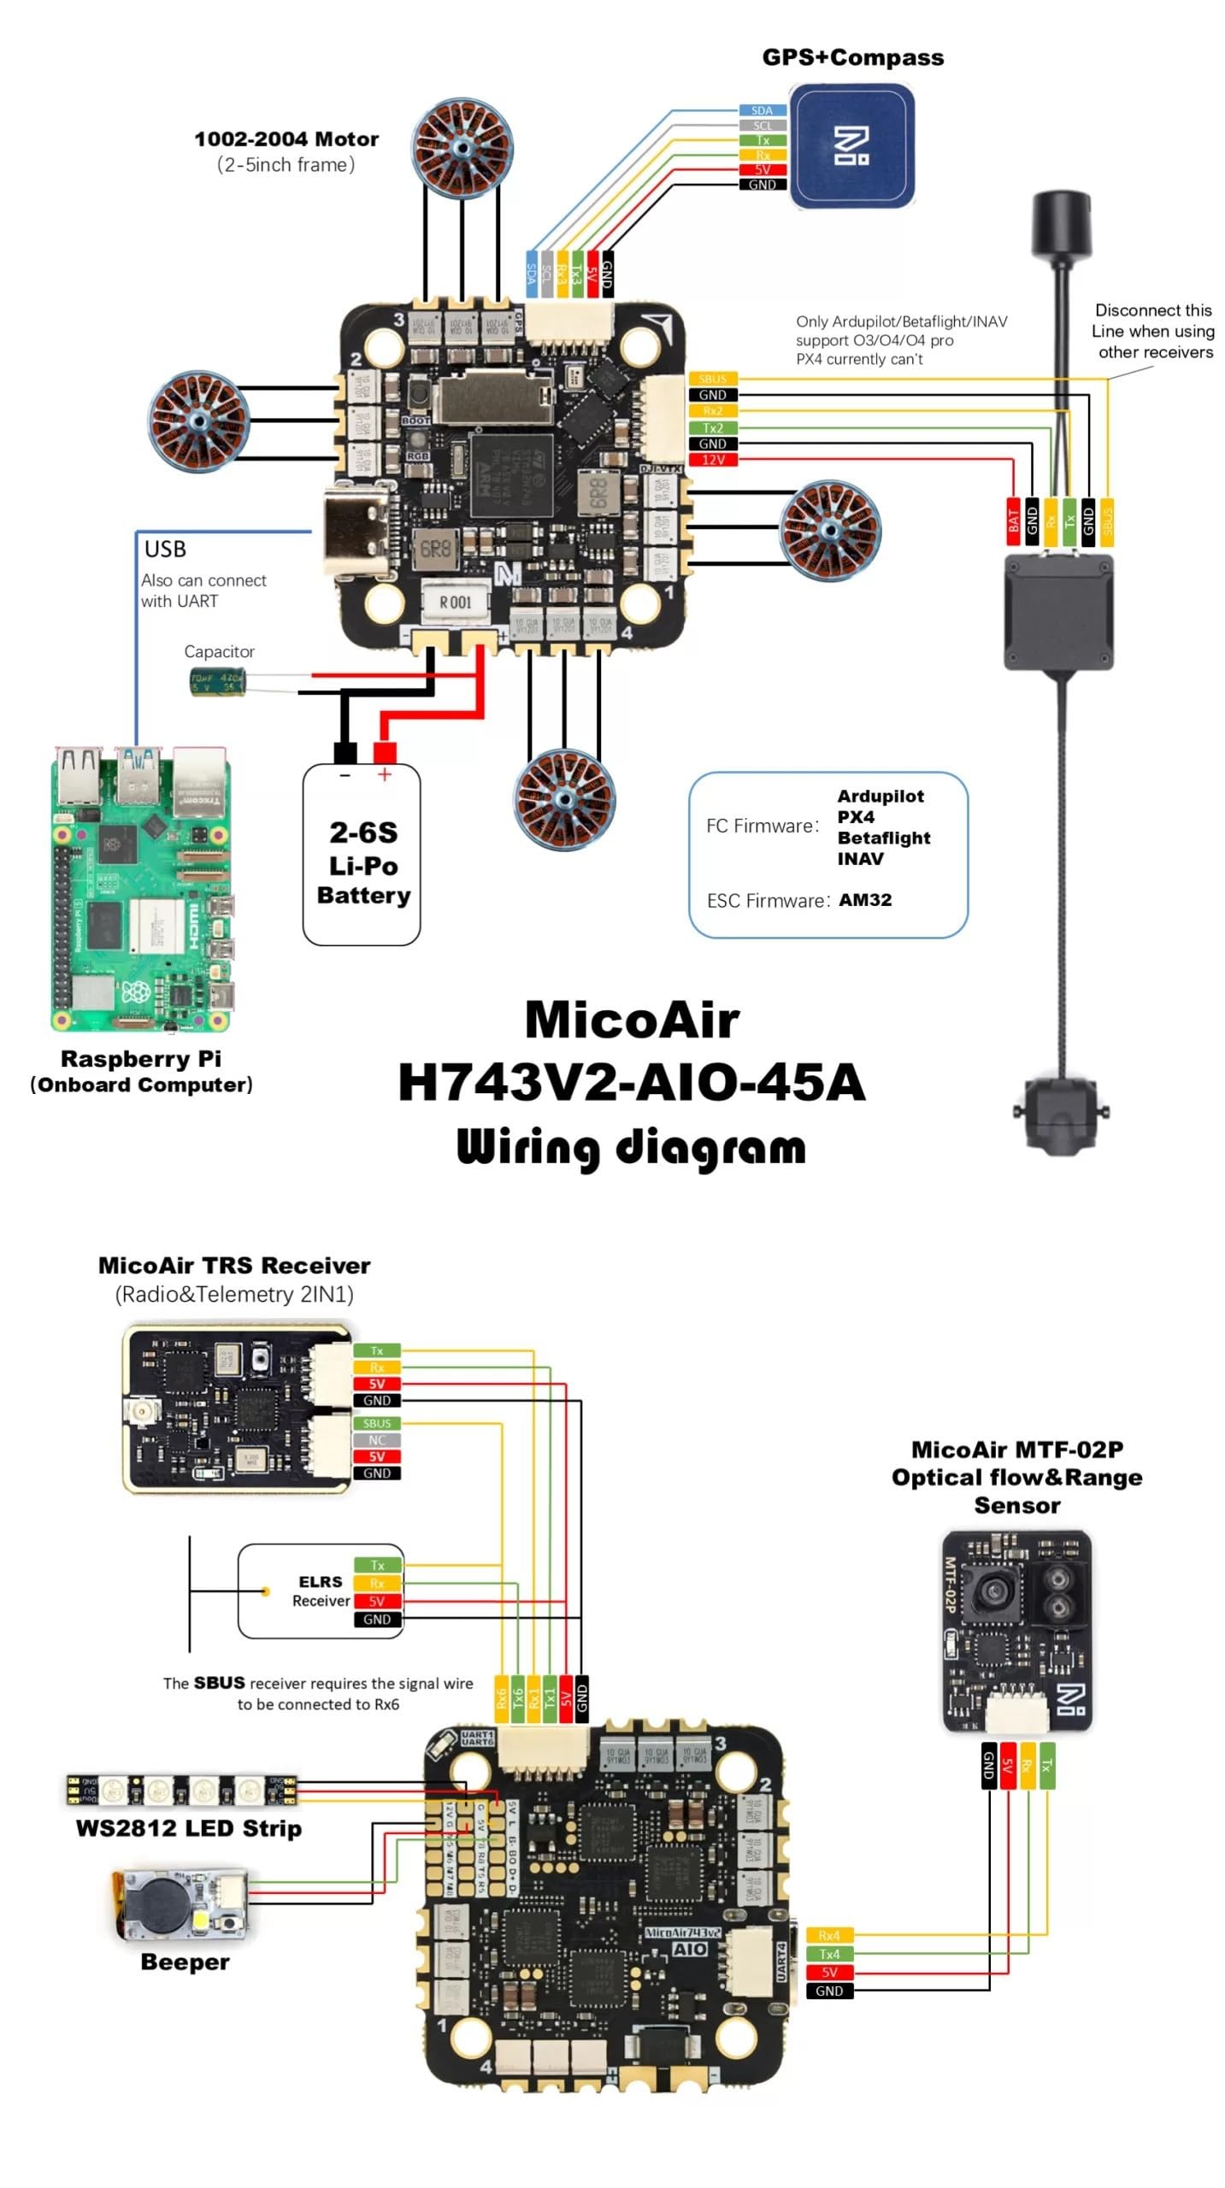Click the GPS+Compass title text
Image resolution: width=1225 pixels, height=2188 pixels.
(852, 57)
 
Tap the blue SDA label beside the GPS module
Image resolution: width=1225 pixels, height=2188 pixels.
(761, 110)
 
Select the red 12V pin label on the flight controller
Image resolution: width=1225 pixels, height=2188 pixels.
(712, 460)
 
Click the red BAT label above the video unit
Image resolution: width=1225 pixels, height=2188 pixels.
(1013, 520)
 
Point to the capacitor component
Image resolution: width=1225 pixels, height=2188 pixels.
(217, 683)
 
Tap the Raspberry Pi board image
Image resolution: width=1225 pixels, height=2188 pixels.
(141, 889)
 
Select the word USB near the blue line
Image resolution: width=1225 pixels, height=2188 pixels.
(165, 549)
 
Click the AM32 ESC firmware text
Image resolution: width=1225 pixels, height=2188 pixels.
(865, 900)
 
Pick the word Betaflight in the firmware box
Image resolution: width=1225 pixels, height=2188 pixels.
(883, 838)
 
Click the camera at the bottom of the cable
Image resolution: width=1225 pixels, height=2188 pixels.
(1062, 1111)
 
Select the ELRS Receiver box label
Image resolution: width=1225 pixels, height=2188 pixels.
(321, 1591)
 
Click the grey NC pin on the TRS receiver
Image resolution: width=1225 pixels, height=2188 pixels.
(376, 1440)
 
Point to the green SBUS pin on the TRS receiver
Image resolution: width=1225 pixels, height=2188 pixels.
(376, 1424)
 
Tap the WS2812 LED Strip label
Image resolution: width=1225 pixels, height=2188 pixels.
(188, 1829)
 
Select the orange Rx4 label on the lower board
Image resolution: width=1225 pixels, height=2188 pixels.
(828, 1936)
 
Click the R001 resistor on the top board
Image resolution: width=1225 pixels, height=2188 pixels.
(456, 602)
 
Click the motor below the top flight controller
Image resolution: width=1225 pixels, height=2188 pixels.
(564, 799)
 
